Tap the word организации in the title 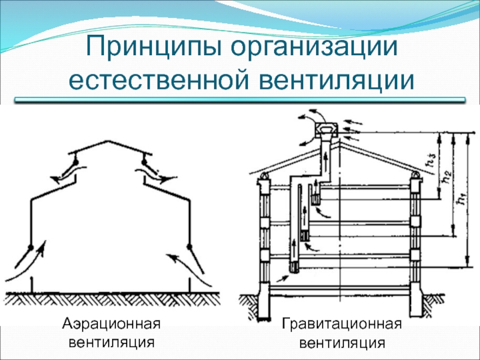point(314,47)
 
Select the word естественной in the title point(160,80)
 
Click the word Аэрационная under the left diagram point(112,323)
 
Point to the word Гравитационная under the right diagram point(341,323)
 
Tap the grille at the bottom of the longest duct point(295,267)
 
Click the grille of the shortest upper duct point(316,200)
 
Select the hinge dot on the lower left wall point(31,247)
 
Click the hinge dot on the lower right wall point(190,247)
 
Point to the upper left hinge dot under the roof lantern point(76,161)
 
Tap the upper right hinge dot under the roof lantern point(144,161)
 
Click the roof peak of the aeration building point(107,141)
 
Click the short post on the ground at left point(32,284)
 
